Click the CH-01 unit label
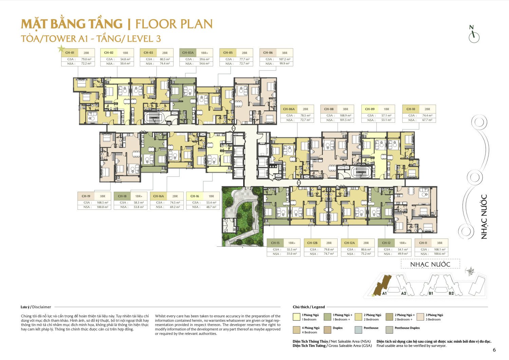click(x=70, y=53)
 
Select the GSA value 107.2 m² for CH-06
click(x=284, y=59)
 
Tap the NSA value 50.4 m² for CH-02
click(x=125, y=63)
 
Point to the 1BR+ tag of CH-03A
click(x=204, y=53)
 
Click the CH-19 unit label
click(x=86, y=196)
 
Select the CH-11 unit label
click(x=423, y=243)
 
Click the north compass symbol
click(x=474, y=36)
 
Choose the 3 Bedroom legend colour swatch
click(x=420, y=317)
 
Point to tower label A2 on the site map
click(x=403, y=293)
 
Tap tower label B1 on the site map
click(x=431, y=293)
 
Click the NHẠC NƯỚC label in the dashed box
click(x=430, y=264)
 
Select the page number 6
click(x=494, y=350)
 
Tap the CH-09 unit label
click(x=370, y=109)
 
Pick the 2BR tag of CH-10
click(x=427, y=109)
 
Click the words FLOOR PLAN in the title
click(x=174, y=24)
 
